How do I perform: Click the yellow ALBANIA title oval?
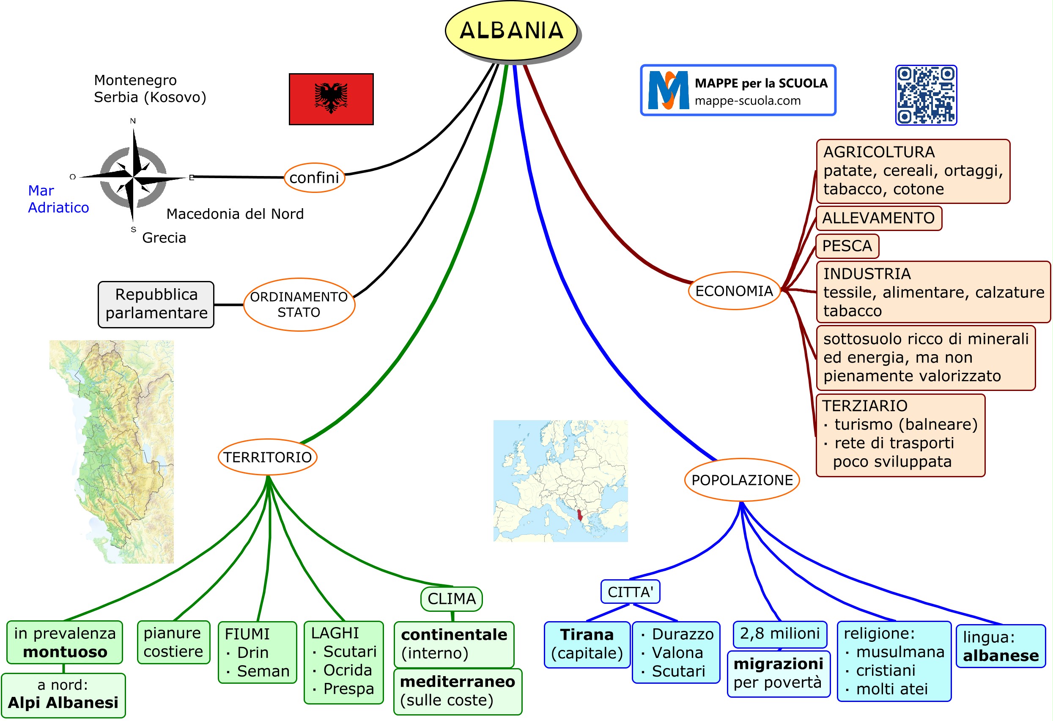511,30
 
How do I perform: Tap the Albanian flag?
331,99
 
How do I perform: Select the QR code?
926,95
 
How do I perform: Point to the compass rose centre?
133,176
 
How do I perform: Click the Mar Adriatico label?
58,199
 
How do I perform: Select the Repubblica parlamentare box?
156,304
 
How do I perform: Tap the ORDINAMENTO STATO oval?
299,304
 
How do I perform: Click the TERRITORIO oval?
267,457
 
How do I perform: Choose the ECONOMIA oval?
734,291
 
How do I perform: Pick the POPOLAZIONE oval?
742,480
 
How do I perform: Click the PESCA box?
847,246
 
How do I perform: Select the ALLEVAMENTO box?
878,218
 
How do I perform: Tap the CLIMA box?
451,599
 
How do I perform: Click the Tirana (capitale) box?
587,644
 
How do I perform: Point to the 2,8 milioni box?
779,633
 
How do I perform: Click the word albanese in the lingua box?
1001,656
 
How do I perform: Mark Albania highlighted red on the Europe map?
579,515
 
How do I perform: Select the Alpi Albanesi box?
63,695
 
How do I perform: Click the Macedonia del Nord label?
235,214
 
